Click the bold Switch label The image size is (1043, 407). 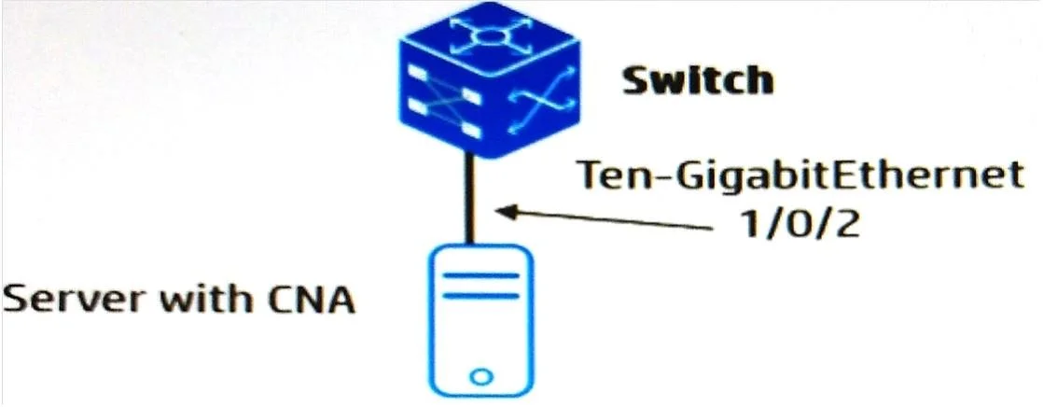697,80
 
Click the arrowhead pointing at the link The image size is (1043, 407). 508,212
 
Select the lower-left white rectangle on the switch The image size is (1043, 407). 417,105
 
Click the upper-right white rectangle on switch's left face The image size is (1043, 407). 470,96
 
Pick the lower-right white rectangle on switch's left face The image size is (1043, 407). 470,132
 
